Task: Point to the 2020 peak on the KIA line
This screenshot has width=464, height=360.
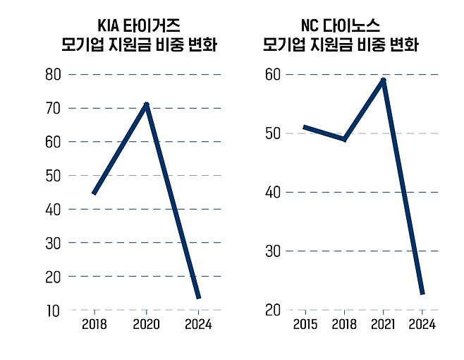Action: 146,105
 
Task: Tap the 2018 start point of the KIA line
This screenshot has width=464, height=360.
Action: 94,193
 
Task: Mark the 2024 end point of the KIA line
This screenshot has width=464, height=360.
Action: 198,297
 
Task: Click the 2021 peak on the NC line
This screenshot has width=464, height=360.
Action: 383,80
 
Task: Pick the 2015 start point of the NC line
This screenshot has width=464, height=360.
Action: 305,127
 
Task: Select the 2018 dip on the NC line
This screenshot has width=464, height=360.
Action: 344,139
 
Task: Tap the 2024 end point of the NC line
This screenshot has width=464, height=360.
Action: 422,292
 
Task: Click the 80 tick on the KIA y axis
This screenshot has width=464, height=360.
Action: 54,74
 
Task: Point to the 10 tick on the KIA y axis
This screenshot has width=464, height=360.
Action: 54,310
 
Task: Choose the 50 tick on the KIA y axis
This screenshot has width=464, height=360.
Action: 54,175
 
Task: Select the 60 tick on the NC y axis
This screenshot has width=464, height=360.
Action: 274,74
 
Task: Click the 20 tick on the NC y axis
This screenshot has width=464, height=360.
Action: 274,310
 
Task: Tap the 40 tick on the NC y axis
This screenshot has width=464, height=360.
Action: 274,192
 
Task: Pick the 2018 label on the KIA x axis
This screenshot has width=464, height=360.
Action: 94,325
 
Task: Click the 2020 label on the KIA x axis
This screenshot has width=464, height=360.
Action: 146,325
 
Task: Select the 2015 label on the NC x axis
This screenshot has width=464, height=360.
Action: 305,325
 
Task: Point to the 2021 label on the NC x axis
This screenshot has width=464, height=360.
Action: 383,325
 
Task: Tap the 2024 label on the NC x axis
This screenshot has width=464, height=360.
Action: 422,325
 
